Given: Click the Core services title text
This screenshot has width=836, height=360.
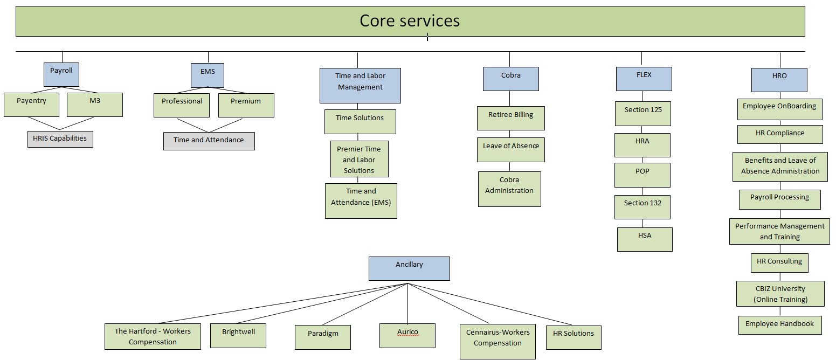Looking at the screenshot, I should click(x=410, y=21).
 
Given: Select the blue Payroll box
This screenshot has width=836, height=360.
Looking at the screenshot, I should click(x=61, y=74).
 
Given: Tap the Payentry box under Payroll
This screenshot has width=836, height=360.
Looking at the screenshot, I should click(x=31, y=105).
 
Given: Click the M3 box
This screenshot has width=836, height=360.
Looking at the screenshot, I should click(x=95, y=105).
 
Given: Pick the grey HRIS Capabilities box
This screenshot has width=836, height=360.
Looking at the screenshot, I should click(x=60, y=139).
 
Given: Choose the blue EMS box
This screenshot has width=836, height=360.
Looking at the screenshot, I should click(x=208, y=75).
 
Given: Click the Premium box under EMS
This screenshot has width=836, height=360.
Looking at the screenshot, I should click(x=246, y=105).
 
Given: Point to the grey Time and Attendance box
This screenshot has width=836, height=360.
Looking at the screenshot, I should click(x=209, y=141).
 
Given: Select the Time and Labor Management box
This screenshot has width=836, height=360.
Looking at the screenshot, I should click(x=360, y=85).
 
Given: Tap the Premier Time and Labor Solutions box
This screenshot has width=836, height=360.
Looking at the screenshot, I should click(x=359, y=159).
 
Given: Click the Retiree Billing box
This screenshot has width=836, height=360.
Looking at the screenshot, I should click(x=510, y=118).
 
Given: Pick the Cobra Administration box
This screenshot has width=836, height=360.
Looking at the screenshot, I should click(x=509, y=189).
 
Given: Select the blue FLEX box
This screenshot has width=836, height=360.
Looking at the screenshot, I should click(x=644, y=79).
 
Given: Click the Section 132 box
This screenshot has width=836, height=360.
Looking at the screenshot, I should click(x=642, y=207).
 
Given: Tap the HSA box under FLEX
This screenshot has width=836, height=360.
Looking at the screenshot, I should click(x=645, y=239).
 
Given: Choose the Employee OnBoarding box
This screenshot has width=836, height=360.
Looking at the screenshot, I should click(x=779, y=109).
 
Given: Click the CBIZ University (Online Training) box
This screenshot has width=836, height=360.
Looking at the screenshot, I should click(x=780, y=294).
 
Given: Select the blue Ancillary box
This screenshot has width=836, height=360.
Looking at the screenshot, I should click(x=409, y=268).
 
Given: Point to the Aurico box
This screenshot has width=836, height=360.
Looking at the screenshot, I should click(x=407, y=335).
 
